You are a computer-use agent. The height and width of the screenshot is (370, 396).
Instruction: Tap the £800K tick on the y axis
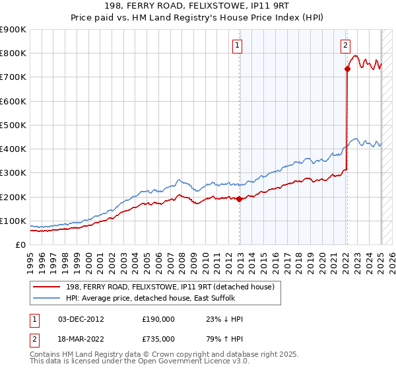pos(13,54)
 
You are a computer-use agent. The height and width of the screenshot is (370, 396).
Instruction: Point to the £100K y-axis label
pos(13,221)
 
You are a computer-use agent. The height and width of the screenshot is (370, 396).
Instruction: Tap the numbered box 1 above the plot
pos(237,46)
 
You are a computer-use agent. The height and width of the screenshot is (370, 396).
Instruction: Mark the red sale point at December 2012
pos(240,199)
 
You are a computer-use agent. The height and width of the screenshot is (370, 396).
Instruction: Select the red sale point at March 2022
pos(347,68)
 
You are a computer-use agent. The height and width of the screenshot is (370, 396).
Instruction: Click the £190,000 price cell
pos(158,319)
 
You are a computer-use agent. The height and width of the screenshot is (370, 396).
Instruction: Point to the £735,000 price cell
pos(158,339)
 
